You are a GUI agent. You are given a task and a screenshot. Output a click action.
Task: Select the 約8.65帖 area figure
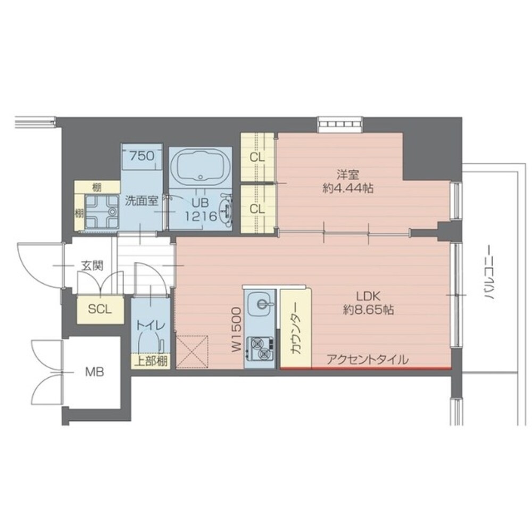click(368, 309)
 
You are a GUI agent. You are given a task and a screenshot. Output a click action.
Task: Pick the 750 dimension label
click(142, 156)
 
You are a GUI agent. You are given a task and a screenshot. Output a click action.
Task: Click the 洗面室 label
click(141, 201)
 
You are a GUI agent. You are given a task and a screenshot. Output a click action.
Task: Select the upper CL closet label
click(257, 158)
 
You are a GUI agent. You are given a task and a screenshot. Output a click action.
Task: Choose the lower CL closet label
click(257, 209)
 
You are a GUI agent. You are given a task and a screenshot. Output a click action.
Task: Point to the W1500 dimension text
click(237, 329)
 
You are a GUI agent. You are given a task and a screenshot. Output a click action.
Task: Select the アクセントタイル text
click(368, 359)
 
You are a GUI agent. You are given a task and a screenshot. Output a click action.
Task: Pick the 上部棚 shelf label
click(151, 362)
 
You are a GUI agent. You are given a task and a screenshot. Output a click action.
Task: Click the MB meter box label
click(95, 372)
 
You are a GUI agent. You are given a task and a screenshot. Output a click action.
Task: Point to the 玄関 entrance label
click(92, 265)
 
